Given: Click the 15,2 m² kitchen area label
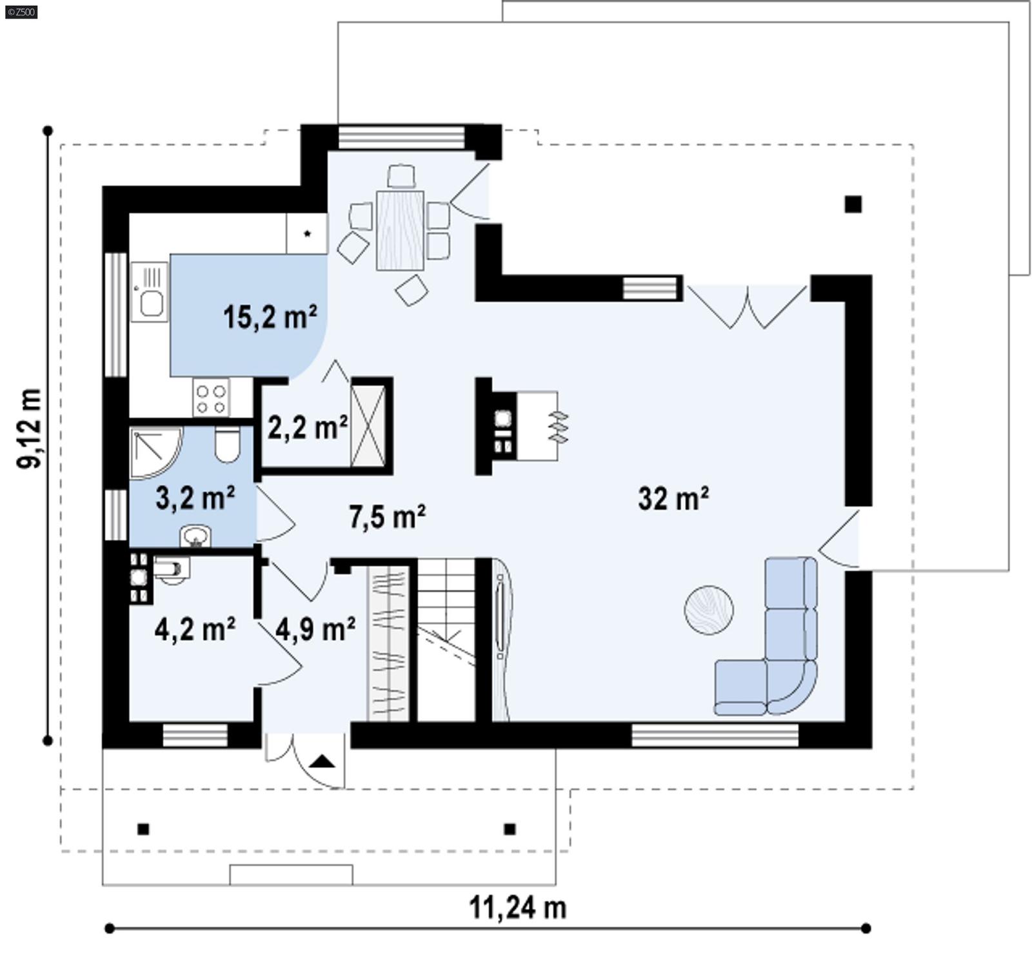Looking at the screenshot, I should [x=270, y=318].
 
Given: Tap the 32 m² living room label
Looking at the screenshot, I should [x=673, y=499].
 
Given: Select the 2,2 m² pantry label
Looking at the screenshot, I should [x=307, y=427].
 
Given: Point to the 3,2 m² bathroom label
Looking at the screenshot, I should [x=195, y=498].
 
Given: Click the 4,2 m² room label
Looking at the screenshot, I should [x=194, y=629].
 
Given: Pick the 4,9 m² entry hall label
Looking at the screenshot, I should [x=315, y=629].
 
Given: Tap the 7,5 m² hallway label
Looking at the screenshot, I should [x=386, y=517].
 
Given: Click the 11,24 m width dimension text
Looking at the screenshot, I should [x=517, y=908].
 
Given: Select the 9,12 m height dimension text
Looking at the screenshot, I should [x=30, y=428].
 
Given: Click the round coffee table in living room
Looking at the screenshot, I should [x=708, y=610].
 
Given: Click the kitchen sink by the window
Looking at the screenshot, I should [x=150, y=300].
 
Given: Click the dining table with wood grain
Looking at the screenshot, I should [x=400, y=230].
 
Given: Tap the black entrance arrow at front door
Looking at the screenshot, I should [x=322, y=762].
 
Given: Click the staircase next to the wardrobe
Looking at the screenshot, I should [x=446, y=638].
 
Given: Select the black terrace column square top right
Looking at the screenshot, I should [x=853, y=204].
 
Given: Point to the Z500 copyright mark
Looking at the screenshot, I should [x=21, y=12].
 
